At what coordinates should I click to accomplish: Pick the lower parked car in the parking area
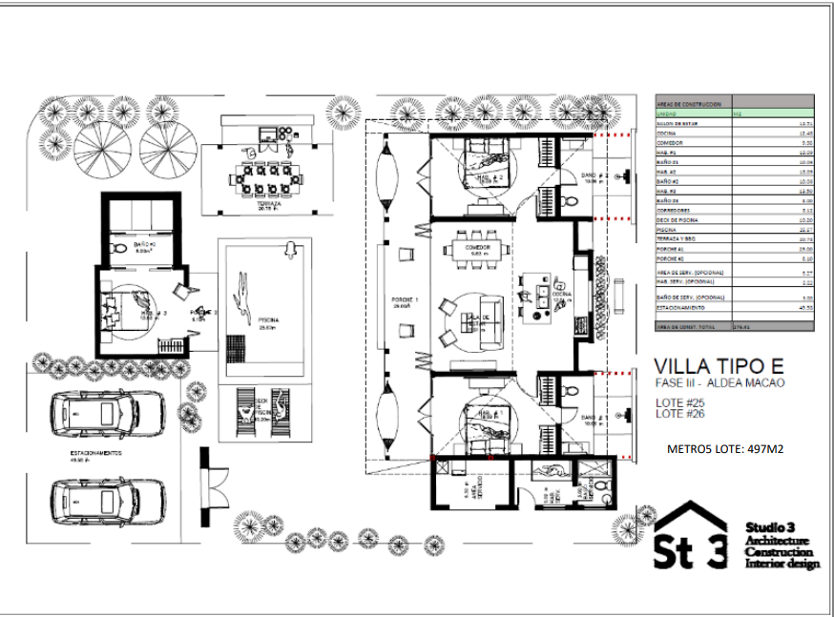pyautogui.click(x=107, y=499)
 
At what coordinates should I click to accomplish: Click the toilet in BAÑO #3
pyautogui.click(x=118, y=248)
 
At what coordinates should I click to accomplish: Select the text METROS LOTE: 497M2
pyautogui.click(x=724, y=447)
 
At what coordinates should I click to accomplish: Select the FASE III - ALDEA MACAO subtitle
pyautogui.click(x=719, y=382)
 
